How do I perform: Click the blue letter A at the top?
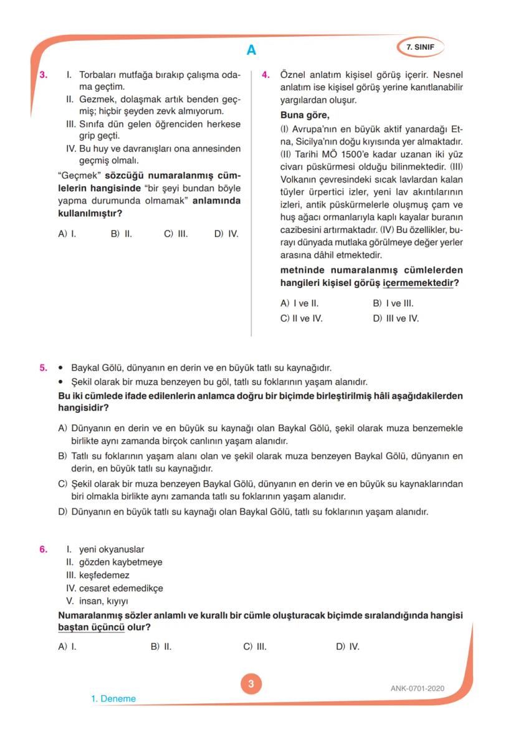click(251, 50)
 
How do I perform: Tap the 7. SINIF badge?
click(420, 47)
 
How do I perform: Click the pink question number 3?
click(44, 75)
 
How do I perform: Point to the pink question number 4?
click(265, 75)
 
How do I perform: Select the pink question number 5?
click(44, 368)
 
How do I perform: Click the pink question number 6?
click(44, 549)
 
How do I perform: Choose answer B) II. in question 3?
click(121, 234)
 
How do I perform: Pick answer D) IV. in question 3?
click(226, 234)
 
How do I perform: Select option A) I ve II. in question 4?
click(300, 304)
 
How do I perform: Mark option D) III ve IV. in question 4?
click(396, 318)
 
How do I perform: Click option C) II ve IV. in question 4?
click(302, 318)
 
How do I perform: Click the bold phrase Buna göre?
click(305, 115)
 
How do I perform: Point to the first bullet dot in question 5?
click(60, 368)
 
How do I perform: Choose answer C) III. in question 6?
click(255, 647)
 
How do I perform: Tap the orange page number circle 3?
click(251, 684)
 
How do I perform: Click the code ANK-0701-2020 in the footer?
click(418, 688)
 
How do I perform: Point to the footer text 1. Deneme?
click(113, 698)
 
